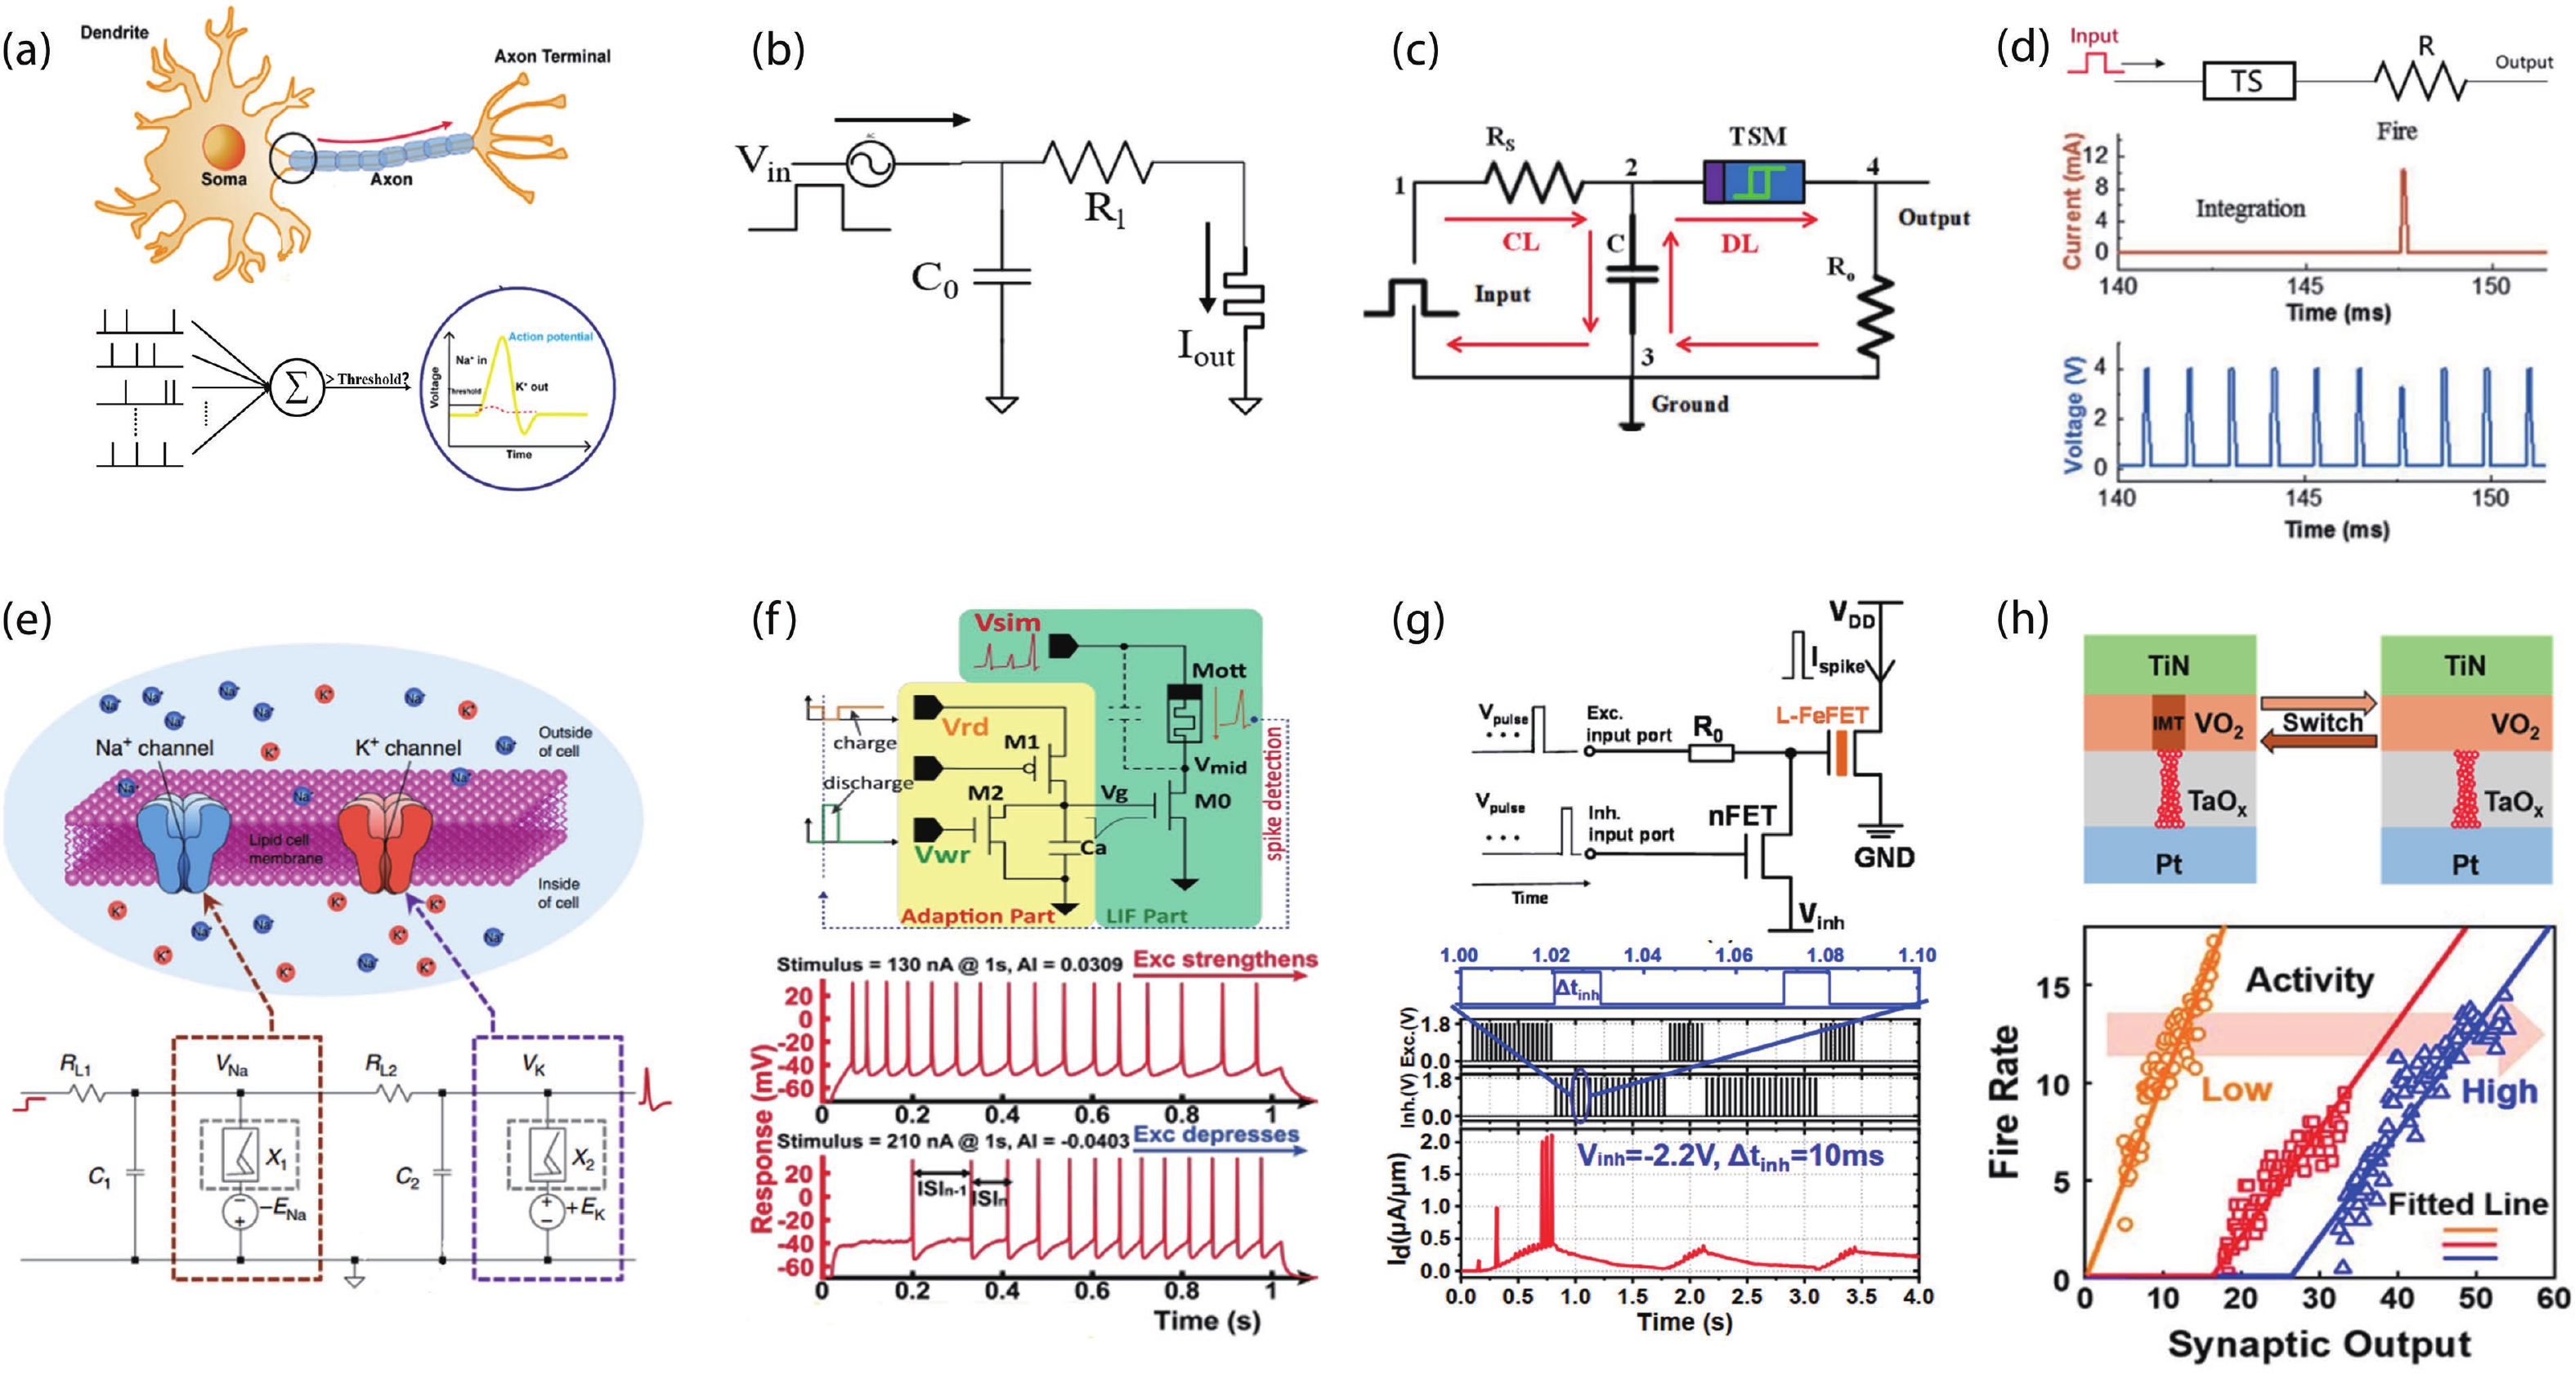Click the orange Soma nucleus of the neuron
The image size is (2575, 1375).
[x=224, y=146]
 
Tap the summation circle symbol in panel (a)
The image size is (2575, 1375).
[x=297, y=387]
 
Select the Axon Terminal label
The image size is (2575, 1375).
[x=552, y=56]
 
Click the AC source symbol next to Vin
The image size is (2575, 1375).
[x=870, y=163]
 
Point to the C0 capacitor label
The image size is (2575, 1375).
[x=934, y=279]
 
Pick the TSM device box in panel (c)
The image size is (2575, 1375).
[x=1754, y=181]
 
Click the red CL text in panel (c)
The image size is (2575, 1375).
[x=1520, y=242]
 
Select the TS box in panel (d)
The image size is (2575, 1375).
[x=2248, y=80]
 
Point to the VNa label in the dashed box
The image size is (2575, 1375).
[x=232, y=1065]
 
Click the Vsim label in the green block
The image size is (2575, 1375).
[x=1008, y=623]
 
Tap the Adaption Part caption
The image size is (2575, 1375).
[x=977, y=916]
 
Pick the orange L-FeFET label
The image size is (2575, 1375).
[x=1821, y=715]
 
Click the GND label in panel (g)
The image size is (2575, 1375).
[x=1884, y=858]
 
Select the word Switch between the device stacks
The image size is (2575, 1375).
[x=2321, y=723]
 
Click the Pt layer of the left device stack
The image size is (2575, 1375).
[x=2168, y=862]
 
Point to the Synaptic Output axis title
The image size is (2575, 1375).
[x=2319, y=1344]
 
